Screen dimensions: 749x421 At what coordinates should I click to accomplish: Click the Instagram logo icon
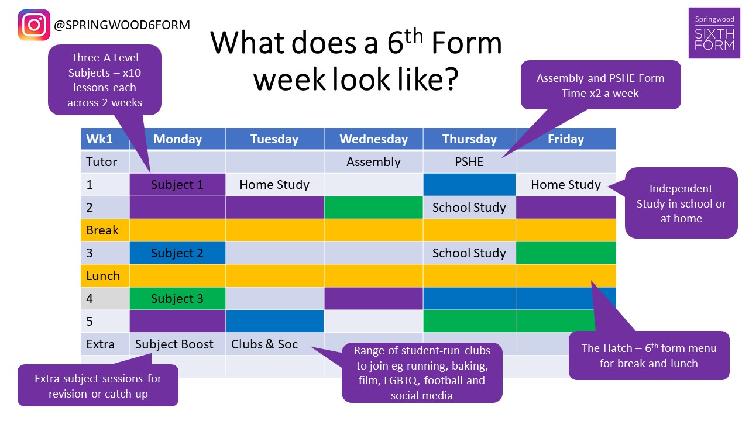point(34,25)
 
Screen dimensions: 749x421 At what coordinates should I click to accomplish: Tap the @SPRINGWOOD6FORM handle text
point(122,25)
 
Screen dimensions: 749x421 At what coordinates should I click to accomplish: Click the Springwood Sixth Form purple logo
point(714,33)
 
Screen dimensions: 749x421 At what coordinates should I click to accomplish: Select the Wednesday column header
point(373,139)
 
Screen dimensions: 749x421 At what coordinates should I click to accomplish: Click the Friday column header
point(566,139)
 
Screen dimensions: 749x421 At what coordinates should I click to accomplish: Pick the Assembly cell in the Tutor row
point(373,162)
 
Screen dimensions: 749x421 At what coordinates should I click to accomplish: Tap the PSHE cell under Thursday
point(469,162)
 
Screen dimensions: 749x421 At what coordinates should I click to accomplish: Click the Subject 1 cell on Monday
point(177,184)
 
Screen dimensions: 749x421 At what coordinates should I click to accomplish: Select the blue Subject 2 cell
point(177,253)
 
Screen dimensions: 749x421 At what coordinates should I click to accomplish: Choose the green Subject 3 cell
point(177,298)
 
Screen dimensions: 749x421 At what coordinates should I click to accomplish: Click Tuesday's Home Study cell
point(274,184)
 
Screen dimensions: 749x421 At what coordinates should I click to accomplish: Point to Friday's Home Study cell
point(566,184)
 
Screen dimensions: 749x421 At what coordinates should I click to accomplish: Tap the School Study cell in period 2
point(469,208)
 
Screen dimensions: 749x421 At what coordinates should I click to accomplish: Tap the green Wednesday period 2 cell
point(373,208)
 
